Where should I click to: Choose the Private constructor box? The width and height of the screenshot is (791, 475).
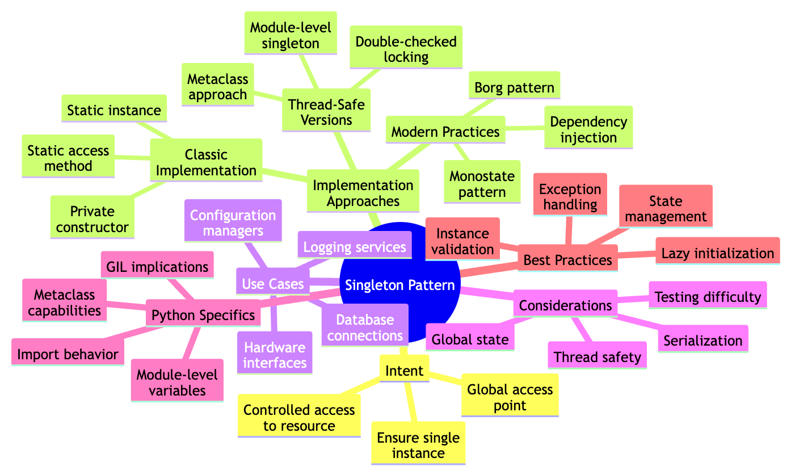tap(92, 219)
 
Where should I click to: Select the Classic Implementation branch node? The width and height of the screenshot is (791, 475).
tap(206, 162)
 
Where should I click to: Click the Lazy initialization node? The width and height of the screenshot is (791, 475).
tap(717, 253)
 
